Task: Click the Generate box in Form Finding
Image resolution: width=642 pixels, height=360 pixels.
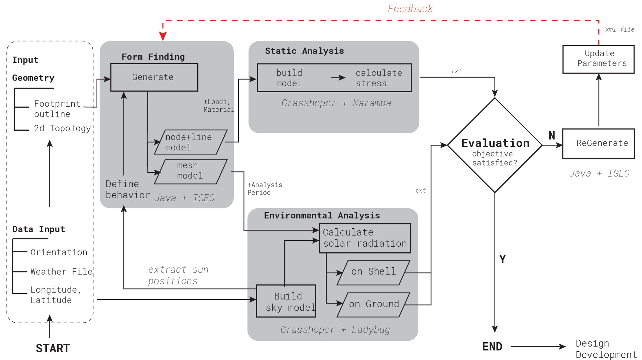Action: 154,77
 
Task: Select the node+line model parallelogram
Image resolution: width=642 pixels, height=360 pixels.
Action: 191,142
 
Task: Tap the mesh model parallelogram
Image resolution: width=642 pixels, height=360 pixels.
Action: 191,171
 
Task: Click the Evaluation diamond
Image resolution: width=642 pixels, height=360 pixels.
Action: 495,145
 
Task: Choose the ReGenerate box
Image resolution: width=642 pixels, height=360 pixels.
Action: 598,143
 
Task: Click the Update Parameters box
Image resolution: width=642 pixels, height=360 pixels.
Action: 598,59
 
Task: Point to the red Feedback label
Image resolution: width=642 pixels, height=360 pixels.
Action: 410,9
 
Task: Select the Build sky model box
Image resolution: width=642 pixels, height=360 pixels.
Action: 286,301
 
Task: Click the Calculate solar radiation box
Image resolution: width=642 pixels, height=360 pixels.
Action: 365,238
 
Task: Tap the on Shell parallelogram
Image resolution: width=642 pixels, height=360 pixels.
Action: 373,272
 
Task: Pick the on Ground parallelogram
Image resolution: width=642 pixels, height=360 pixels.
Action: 373,305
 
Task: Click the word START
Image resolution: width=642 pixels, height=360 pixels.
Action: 53,348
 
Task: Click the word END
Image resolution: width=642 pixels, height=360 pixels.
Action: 492,347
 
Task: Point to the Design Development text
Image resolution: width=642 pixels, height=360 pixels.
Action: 605,349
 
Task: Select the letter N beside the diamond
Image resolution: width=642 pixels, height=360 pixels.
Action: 552,135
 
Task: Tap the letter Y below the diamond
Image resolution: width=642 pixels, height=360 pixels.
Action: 502,259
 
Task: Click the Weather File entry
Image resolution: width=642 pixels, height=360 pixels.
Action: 61,271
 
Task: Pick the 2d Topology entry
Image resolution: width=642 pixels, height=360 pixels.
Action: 62,128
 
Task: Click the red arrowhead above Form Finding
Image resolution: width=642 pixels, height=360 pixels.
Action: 163,36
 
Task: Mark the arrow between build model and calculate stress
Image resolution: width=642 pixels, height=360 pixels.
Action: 338,78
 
